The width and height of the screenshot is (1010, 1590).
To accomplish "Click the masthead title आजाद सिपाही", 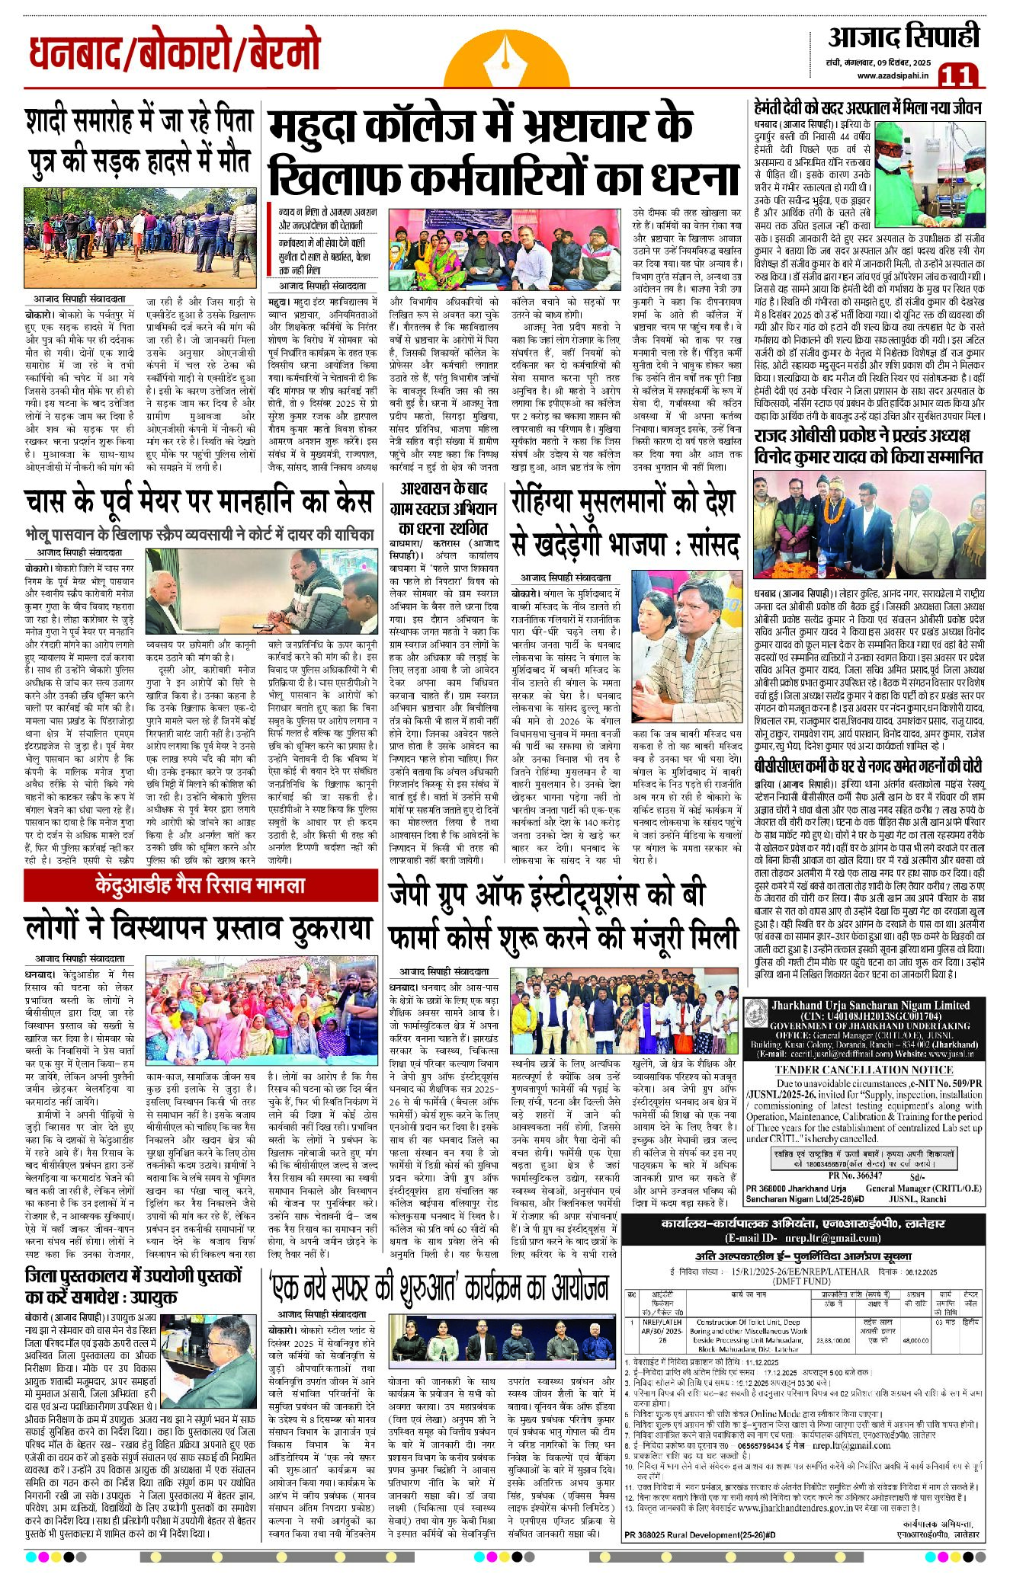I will click(903, 37).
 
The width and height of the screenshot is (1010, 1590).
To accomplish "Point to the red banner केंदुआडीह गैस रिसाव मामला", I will click(200, 885).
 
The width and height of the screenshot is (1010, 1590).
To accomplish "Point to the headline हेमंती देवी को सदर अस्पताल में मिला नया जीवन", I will click(867, 108).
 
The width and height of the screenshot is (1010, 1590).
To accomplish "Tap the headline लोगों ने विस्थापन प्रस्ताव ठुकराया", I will click(198, 929).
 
